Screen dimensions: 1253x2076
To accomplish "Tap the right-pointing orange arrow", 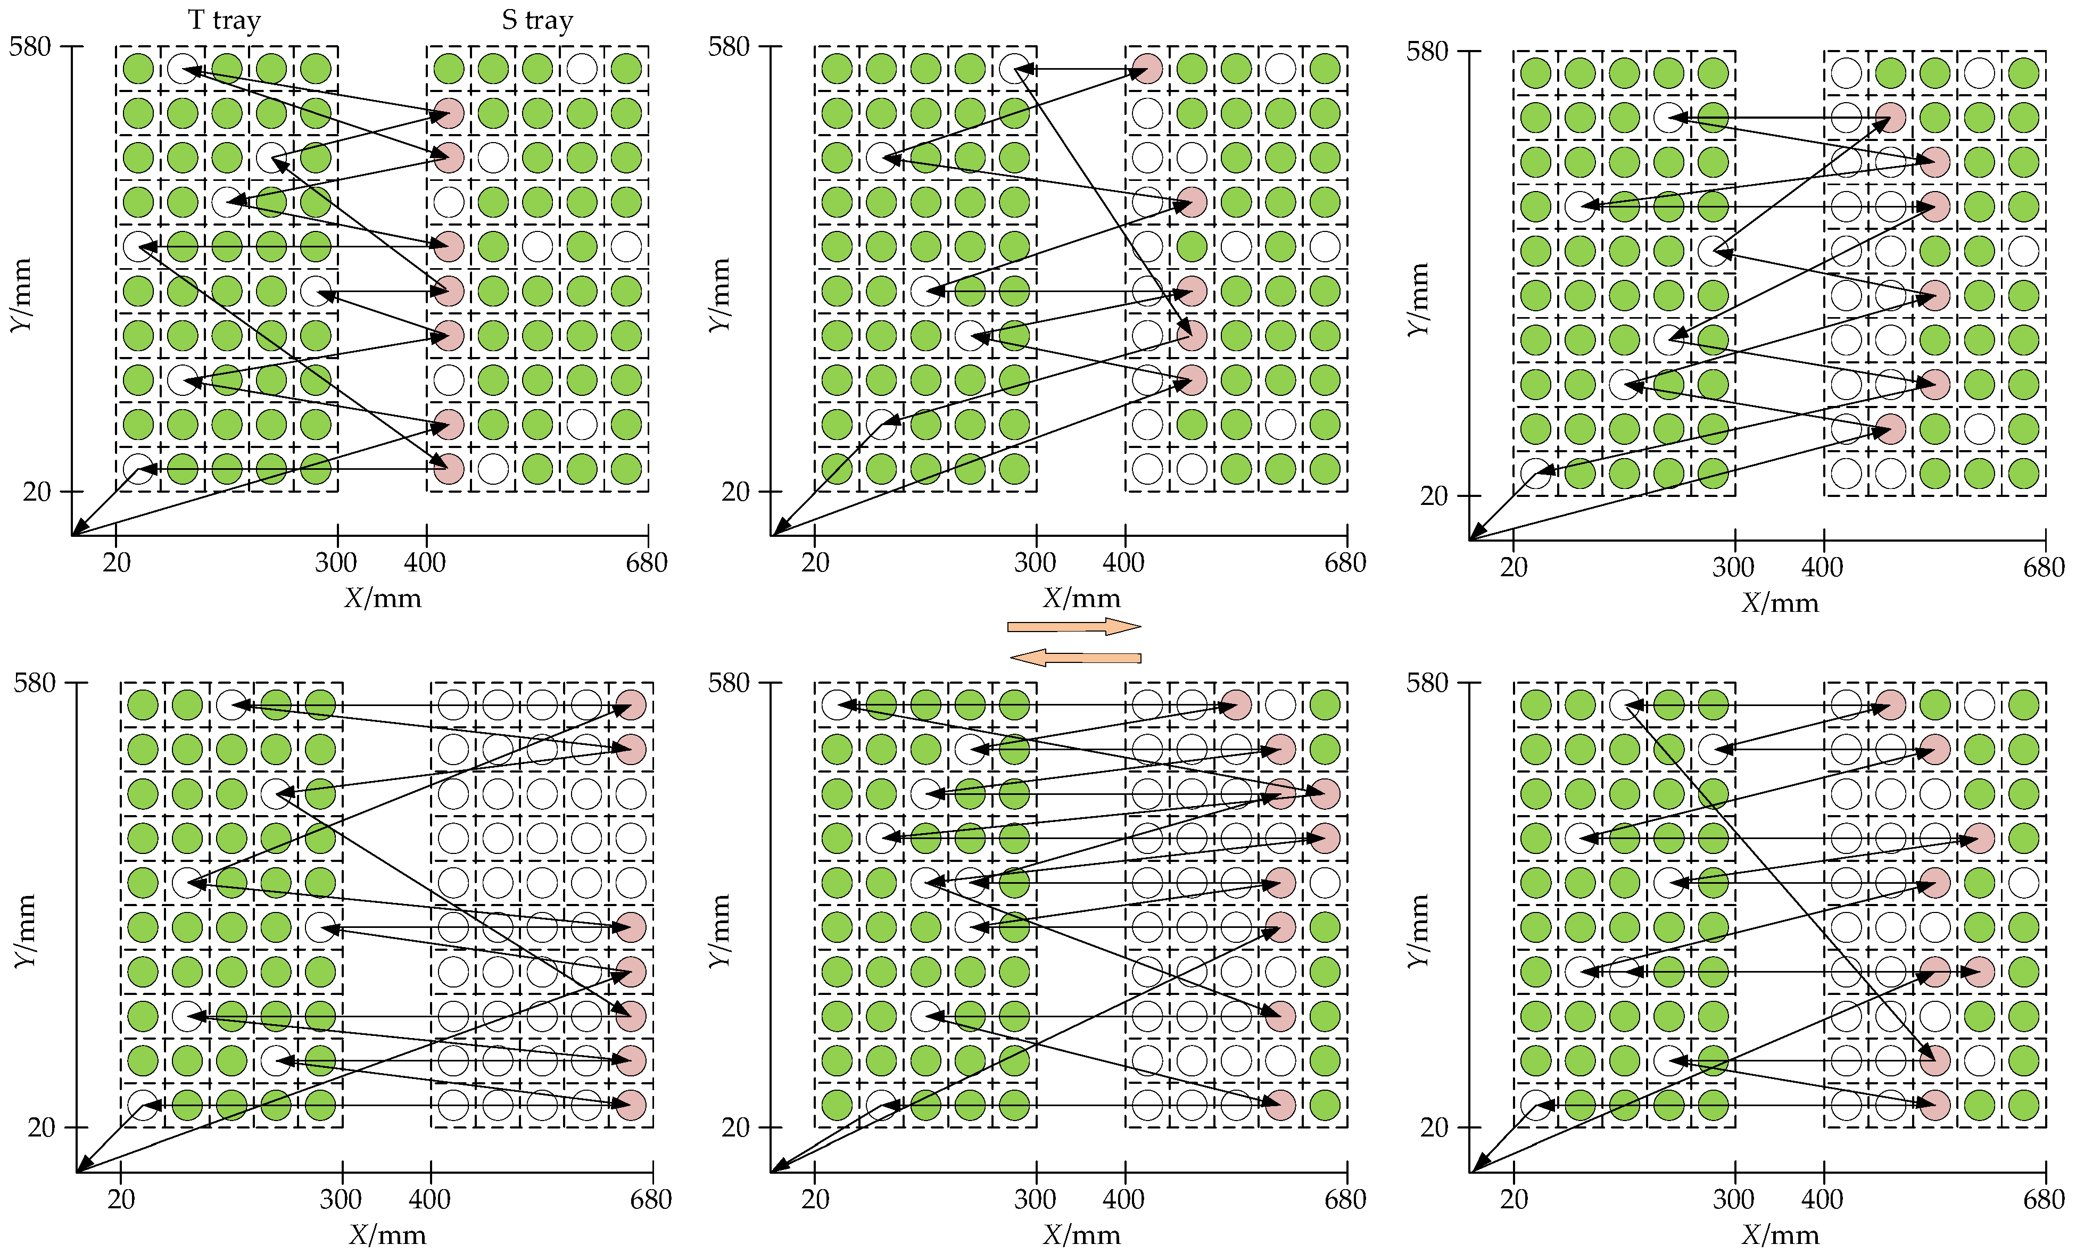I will (x=1074, y=626).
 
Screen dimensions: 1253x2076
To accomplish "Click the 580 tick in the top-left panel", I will (x=30, y=46).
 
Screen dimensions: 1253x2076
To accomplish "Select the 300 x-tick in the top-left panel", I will (x=336, y=562).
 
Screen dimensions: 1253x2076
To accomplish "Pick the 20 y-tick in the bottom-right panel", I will (x=1433, y=1126).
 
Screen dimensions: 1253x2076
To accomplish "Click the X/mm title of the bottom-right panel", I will (x=1780, y=1234).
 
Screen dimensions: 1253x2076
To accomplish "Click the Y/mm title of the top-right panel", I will (x=1418, y=299).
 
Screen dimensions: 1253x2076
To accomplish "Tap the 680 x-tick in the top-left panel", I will (x=646, y=562).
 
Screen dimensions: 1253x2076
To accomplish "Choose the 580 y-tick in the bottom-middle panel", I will (x=729, y=683).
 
